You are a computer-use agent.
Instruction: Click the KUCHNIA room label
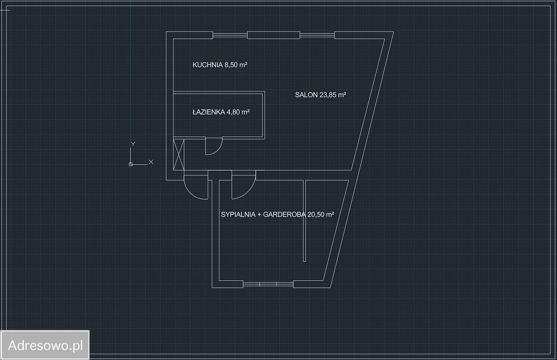(208, 65)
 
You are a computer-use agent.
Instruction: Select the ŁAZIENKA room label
(208, 112)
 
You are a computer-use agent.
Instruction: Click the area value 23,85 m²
(333, 95)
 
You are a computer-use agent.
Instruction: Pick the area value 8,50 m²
(236, 65)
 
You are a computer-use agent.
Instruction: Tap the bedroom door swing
(243, 187)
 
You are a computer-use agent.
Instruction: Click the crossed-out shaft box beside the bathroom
(179, 155)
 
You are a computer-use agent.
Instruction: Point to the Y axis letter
(133, 143)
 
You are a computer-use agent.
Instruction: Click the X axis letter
(151, 161)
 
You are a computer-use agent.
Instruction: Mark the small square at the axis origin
(131, 164)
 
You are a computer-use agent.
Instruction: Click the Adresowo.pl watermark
(45, 346)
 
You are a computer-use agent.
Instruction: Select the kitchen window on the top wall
(230, 35)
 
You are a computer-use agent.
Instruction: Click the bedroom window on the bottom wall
(268, 284)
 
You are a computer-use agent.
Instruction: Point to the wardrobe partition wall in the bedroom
(305, 220)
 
